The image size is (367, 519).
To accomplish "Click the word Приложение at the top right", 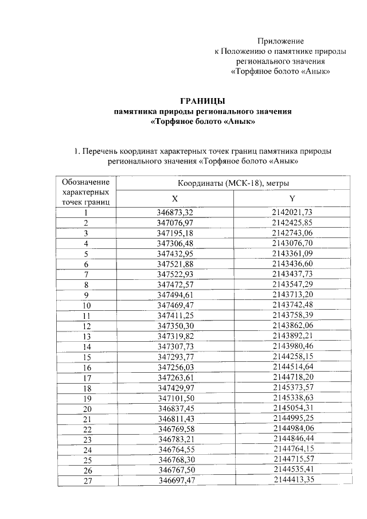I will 280,41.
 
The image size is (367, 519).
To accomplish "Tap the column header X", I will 175,198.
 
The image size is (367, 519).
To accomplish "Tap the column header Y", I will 292,198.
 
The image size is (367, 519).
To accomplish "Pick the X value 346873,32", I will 175,213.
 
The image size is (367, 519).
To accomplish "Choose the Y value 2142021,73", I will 292,213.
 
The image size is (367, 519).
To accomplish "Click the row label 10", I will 87,306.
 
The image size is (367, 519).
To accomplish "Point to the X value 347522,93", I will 175,274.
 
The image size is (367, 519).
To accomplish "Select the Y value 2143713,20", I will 292,295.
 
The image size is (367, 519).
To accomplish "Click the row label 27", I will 87,481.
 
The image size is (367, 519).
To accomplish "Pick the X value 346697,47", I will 175,481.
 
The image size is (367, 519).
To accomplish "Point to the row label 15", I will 87,357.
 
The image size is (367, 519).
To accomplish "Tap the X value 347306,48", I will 175,243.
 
